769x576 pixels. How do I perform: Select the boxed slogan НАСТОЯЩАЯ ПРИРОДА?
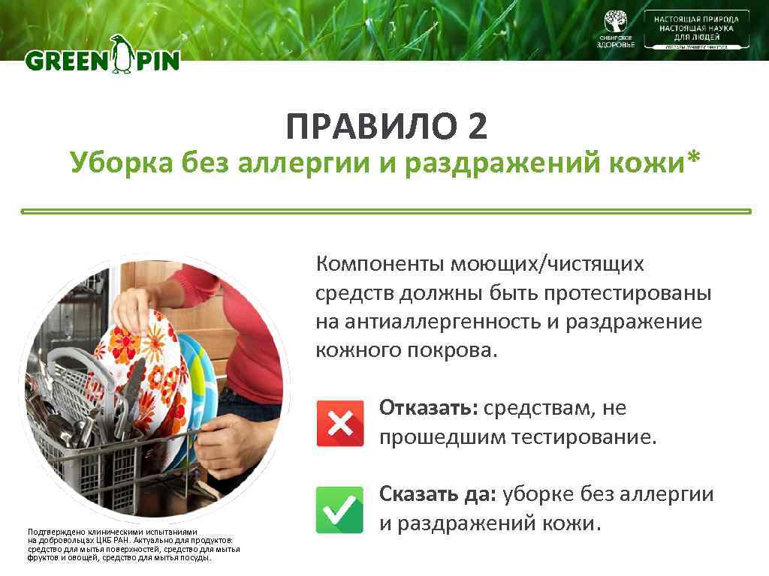coord(696,19)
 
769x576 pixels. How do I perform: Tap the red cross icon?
coord(340,424)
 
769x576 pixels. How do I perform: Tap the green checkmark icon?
coord(340,509)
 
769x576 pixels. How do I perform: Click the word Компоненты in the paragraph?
coord(380,264)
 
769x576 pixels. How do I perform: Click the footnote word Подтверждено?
coord(52,532)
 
